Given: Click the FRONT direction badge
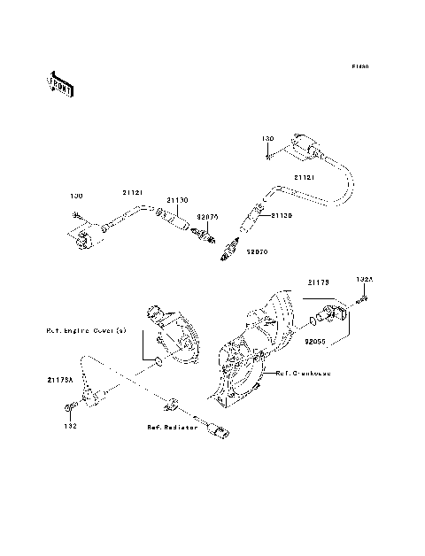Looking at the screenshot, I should pos(61,85).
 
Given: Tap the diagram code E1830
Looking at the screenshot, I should pos(359,66).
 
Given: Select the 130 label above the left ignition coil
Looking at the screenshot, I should pos(77,195).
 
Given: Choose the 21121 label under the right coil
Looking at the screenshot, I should pos(305,178).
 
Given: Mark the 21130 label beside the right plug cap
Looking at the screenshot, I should pos(282,215).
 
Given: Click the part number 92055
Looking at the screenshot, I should pos(314,339).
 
